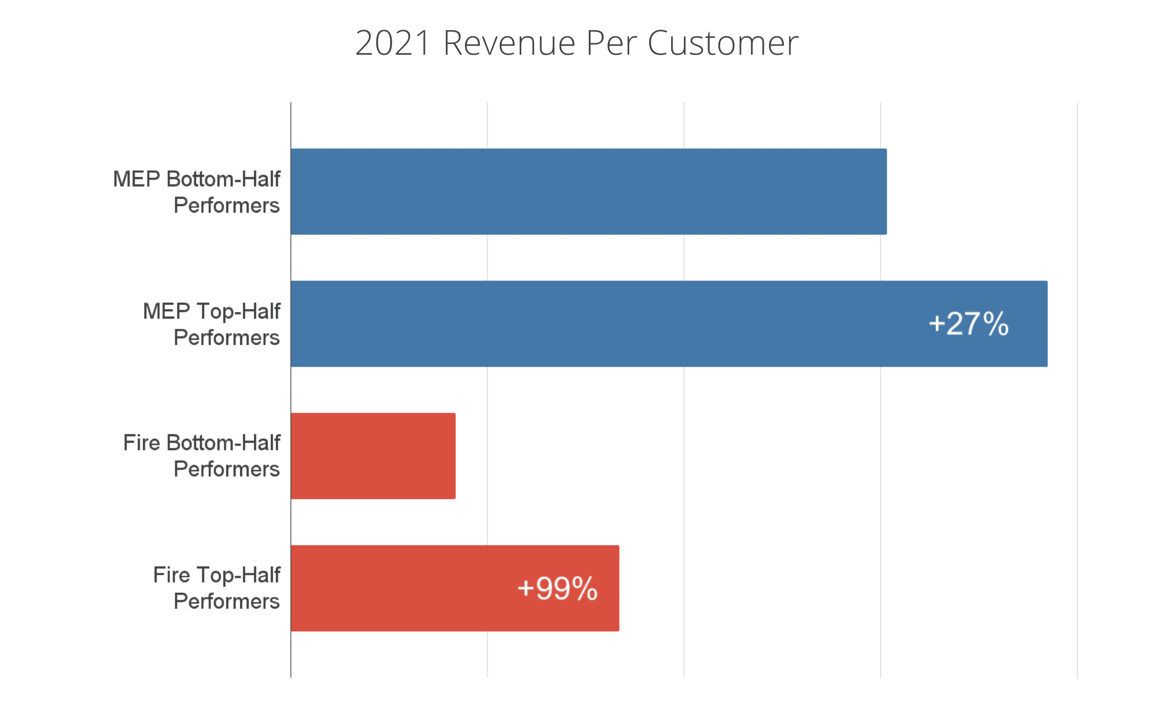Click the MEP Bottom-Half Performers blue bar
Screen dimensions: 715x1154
(589, 192)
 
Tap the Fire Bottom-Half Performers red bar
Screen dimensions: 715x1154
(373, 456)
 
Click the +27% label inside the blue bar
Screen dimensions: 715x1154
(968, 324)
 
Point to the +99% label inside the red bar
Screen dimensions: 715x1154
(557, 588)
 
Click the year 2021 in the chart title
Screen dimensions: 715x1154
(393, 43)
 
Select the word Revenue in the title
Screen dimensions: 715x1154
(509, 43)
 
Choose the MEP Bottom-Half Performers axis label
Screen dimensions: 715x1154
(197, 192)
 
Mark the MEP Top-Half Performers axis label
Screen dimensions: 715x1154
(211, 324)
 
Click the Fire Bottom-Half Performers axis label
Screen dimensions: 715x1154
(202, 456)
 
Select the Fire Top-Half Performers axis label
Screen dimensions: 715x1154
(217, 588)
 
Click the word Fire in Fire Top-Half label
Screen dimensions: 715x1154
(172, 575)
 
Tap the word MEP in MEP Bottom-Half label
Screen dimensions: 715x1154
(136, 179)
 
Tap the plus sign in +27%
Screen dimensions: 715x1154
(936, 324)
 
